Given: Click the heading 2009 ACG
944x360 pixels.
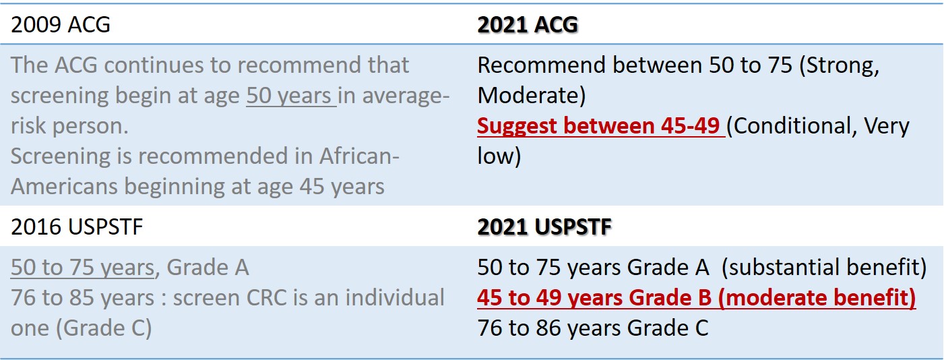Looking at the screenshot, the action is (60, 24).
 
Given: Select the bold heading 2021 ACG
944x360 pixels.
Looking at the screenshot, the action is (527, 24).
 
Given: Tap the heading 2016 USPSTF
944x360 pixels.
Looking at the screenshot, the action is (77, 227).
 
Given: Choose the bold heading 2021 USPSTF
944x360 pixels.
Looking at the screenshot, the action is (544, 227).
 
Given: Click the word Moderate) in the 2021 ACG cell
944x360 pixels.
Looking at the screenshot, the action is (532, 96).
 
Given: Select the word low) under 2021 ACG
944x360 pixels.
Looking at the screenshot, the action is (499, 156).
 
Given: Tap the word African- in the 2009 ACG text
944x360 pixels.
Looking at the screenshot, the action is (359, 156).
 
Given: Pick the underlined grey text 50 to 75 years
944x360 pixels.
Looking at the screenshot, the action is (83, 268).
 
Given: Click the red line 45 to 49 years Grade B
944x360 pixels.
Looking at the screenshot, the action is (696, 297).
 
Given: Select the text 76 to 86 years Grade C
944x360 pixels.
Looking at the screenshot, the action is (592, 328).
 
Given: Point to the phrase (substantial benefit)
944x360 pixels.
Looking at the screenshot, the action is (824, 268).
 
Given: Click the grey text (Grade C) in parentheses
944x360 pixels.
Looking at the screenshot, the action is (104, 328).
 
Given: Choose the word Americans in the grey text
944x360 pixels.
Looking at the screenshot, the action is (63, 186).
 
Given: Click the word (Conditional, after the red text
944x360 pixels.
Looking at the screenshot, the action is (792, 126).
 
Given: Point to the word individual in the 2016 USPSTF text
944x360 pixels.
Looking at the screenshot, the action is (395, 297).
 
